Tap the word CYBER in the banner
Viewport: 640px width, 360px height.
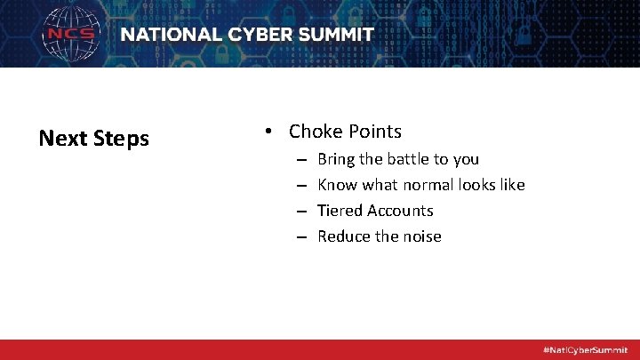coord(260,36)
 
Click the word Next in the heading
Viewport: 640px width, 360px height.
coord(62,139)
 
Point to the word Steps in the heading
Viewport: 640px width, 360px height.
coord(119,140)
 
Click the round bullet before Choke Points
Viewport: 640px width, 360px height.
coord(268,132)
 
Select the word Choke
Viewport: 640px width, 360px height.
coord(315,132)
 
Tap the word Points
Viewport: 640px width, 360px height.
coord(374,132)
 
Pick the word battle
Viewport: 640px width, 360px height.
coord(410,159)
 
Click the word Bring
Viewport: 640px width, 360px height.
coord(336,160)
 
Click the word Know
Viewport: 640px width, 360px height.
coord(337,185)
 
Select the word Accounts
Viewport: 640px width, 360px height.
coord(401,211)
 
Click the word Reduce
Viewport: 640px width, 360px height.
coord(343,236)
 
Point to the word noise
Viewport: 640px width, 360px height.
coord(421,236)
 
